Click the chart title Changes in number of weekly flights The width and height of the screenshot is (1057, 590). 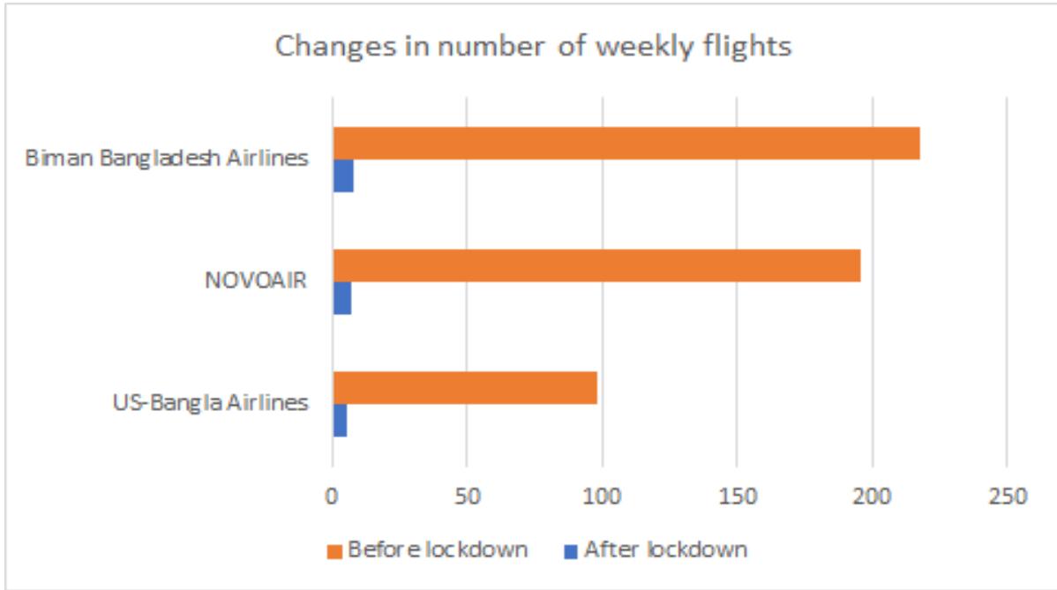click(x=533, y=47)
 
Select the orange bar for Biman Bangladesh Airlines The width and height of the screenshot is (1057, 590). click(x=626, y=143)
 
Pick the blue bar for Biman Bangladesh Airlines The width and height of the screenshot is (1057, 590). click(x=343, y=176)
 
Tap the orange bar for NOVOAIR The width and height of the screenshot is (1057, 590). click(x=596, y=265)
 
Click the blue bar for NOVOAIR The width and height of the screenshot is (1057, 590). click(x=341, y=299)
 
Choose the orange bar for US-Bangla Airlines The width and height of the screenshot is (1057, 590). click(x=465, y=388)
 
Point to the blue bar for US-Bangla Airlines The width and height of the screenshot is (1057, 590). click(x=340, y=421)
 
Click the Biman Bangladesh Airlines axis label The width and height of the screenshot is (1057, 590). click(x=167, y=160)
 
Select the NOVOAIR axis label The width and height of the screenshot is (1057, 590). click(x=255, y=282)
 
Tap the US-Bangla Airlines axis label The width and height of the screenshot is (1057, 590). click(x=211, y=404)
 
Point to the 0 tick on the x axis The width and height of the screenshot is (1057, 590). click(x=332, y=496)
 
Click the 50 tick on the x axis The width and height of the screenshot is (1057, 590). click(x=467, y=496)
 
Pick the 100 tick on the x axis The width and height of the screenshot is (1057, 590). click(x=602, y=496)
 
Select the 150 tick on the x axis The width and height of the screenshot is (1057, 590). click(x=737, y=496)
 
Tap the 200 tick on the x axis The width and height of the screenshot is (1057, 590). click(x=872, y=496)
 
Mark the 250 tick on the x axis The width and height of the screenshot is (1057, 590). click(x=1007, y=496)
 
